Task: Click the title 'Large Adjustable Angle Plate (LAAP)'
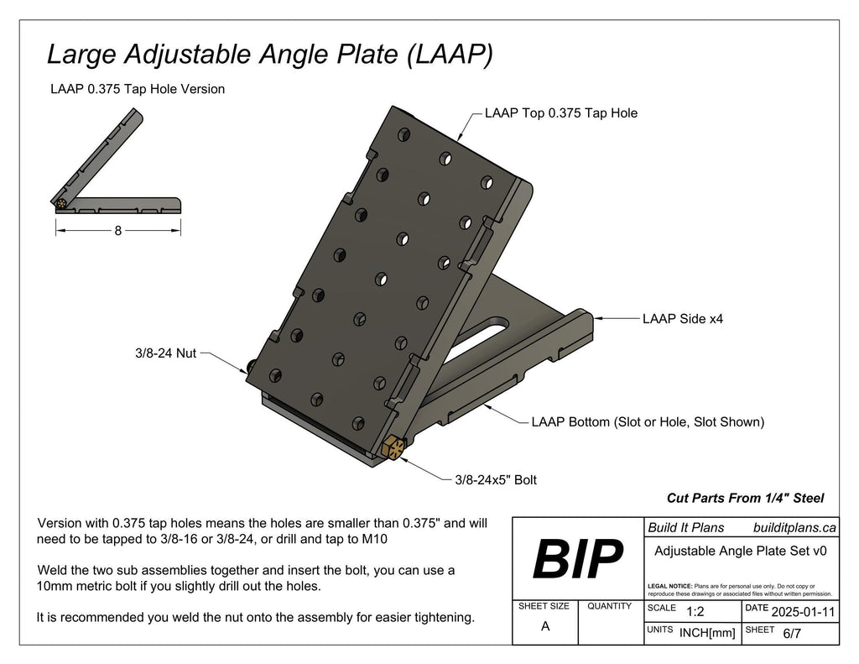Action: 269,55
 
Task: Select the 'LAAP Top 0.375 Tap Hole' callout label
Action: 560,113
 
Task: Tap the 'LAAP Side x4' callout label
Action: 682,319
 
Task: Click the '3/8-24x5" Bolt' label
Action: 495,480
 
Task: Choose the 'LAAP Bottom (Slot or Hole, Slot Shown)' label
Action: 648,422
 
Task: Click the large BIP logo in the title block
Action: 578,557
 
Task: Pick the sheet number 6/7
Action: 791,634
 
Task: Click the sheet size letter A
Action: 545,626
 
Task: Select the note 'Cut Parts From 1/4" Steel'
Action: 745,498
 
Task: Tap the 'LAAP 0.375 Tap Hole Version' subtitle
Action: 138,89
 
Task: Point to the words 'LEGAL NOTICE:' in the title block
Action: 669,585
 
